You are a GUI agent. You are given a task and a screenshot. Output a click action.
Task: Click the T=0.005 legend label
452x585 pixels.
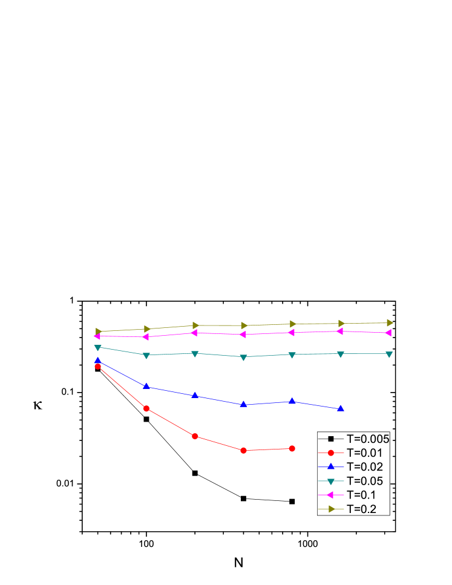point(367,439)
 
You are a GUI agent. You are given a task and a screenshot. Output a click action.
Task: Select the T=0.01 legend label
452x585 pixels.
point(364,453)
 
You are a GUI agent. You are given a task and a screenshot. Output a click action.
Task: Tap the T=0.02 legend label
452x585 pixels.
point(364,466)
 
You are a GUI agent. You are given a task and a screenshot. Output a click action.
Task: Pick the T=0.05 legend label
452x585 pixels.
point(364,481)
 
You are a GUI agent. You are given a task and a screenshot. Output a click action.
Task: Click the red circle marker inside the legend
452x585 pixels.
point(331,453)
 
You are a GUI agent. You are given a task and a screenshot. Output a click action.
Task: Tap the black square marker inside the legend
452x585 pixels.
point(331,439)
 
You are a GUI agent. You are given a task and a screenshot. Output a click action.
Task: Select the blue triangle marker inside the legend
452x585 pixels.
point(331,466)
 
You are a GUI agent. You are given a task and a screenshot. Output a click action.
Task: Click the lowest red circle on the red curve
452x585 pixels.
point(243,451)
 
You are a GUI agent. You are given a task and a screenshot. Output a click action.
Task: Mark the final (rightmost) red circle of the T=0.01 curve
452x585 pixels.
point(292,448)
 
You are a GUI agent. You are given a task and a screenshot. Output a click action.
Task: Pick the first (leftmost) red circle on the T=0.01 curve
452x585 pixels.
point(97,366)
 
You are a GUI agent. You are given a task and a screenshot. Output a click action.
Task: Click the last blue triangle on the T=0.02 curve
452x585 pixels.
point(341,408)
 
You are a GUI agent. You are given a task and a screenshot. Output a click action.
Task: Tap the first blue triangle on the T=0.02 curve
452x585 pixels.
point(97,361)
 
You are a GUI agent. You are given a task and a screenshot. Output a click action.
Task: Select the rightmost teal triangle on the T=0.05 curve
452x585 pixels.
point(389,355)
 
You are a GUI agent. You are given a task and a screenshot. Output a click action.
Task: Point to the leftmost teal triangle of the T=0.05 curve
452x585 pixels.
point(97,348)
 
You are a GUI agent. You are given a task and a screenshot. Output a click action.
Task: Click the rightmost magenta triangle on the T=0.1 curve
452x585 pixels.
point(388,333)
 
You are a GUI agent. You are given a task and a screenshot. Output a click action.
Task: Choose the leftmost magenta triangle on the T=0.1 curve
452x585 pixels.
point(97,336)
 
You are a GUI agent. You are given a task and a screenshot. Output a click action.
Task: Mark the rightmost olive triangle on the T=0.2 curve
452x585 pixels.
point(390,323)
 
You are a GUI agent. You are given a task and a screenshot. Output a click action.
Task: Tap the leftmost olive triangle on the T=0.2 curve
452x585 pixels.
point(99,332)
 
